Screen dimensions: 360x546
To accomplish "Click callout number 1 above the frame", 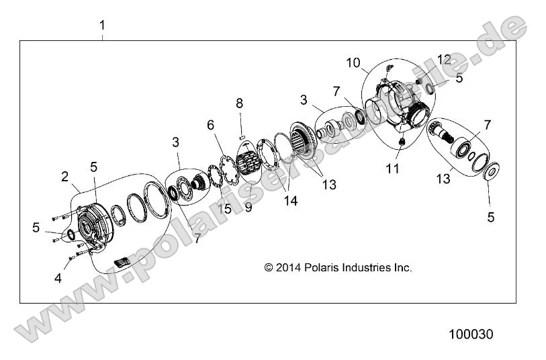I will (x=102, y=26).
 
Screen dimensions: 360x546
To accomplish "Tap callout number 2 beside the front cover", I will (x=64, y=177).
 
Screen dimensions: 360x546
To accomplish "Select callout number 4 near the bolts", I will (x=57, y=277).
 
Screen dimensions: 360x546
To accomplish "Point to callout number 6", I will (x=210, y=125).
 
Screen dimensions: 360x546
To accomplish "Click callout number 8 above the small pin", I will (x=239, y=103).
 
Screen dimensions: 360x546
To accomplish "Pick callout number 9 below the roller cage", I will (x=248, y=208).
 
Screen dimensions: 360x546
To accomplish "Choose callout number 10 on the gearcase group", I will (x=353, y=63).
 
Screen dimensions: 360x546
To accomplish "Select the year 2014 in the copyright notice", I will (x=289, y=267).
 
